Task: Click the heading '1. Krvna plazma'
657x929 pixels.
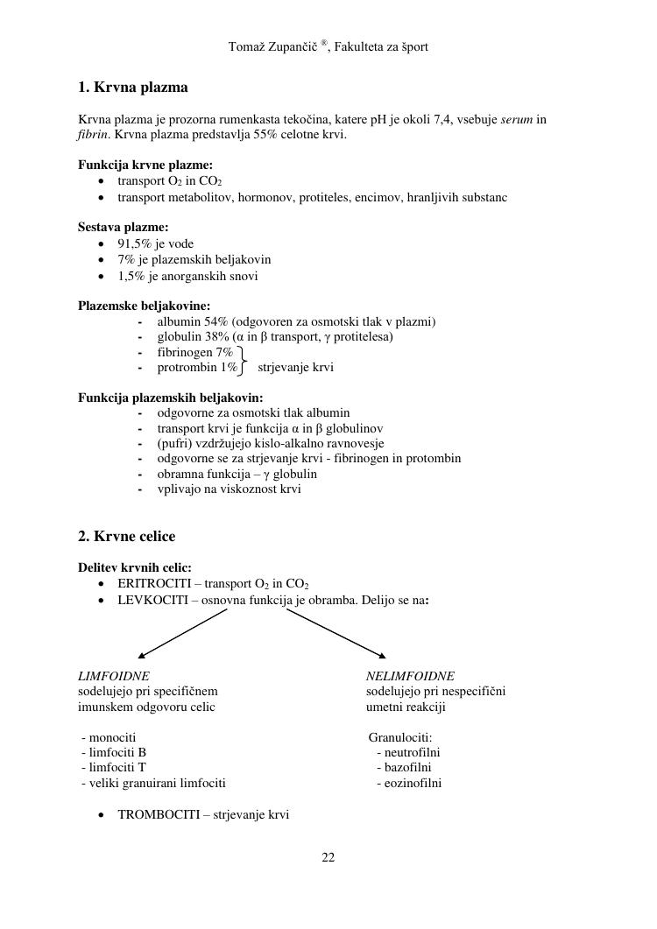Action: [132, 88]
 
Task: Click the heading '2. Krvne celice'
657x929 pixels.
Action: [126, 536]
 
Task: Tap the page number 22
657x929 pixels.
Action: [328, 857]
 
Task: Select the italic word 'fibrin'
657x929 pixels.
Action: [92, 135]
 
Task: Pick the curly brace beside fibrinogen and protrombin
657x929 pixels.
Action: [242, 360]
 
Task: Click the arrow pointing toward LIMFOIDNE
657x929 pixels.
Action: [182, 633]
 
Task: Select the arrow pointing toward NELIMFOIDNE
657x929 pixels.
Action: [336, 633]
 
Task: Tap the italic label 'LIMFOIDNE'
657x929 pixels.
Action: [114, 676]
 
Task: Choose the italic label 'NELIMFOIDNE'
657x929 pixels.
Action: [410, 676]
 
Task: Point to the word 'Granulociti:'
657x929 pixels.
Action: [400, 737]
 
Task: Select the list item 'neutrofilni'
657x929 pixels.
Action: [408, 752]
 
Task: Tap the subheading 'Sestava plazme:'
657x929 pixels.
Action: [124, 227]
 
